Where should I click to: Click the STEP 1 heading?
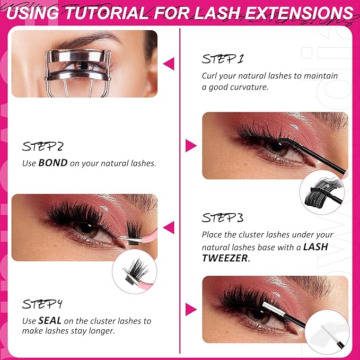pyautogui.click(x=223, y=59)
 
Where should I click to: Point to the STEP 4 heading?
pyautogui.click(x=42, y=304)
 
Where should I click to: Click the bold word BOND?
pyautogui.click(x=53, y=163)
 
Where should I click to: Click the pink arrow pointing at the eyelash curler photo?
pyautogui.click(x=169, y=64)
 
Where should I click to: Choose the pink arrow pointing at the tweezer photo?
pyautogui.click(x=169, y=228)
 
